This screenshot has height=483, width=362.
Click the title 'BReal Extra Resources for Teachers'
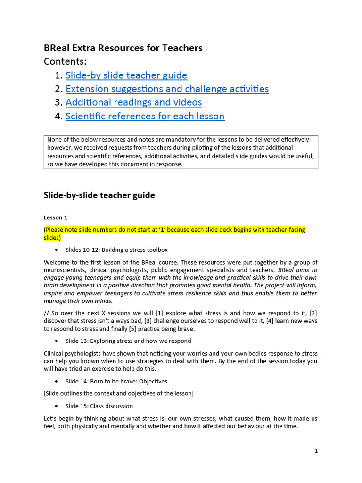tap(123, 48)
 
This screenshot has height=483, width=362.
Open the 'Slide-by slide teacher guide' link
tap(126, 75)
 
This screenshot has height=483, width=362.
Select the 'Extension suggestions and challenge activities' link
tap(167, 89)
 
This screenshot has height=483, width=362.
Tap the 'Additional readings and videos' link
tap(133, 102)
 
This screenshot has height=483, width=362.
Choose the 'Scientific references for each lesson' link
tap(145, 116)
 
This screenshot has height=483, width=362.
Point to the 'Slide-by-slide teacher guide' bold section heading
tap(99, 195)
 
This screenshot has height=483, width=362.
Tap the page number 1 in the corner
tap(316, 451)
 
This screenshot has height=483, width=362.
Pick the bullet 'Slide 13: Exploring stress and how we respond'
tap(128, 341)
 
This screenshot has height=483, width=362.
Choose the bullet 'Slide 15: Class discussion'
tap(99, 406)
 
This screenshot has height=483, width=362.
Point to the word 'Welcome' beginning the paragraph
tap(57, 262)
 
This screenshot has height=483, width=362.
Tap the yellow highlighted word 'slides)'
tap(52, 238)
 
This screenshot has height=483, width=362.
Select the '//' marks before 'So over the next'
tap(46, 313)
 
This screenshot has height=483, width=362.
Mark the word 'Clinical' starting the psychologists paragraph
tap(54, 353)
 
